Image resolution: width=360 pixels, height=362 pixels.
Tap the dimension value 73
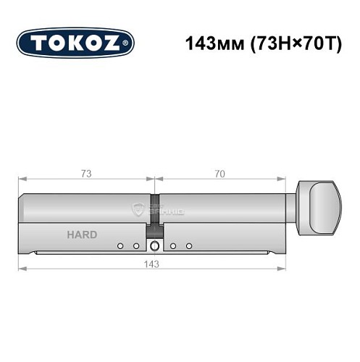[x=86, y=173]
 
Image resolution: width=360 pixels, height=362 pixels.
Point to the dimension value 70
[x=219, y=173]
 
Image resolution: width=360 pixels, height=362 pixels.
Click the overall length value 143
[x=153, y=264]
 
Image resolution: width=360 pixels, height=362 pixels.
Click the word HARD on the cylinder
[x=82, y=235]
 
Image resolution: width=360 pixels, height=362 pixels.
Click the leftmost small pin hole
[x=120, y=246]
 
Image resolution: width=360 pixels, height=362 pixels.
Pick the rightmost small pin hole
[x=189, y=246]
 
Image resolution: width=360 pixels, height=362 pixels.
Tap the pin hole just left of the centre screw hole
[x=136, y=246]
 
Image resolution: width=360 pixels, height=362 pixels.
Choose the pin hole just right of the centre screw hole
[x=174, y=246]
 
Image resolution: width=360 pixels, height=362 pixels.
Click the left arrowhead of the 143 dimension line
[x=22, y=269]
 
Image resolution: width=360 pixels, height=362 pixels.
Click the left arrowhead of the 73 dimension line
[x=22, y=179]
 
